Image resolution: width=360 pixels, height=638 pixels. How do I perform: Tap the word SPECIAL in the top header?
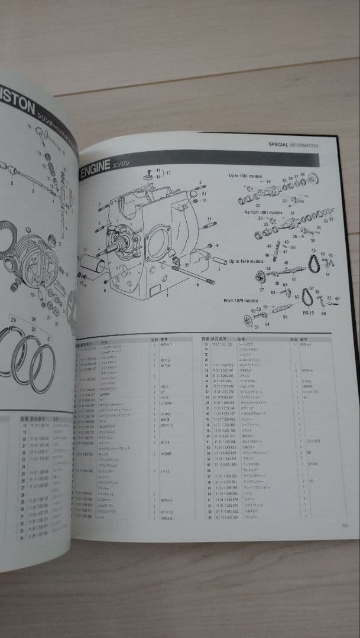click(x=280, y=145)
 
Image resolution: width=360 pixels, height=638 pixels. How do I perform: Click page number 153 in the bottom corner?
click(x=344, y=528)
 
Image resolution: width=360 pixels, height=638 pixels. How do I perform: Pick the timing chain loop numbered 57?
click(x=307, y=297)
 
